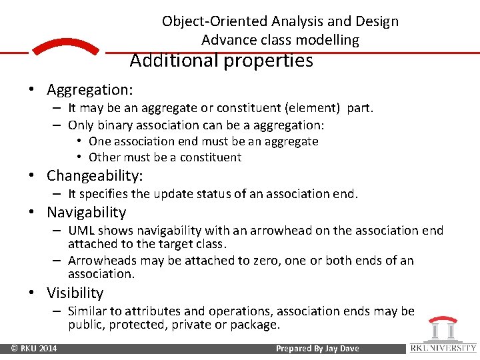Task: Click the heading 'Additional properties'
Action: pos(221,61)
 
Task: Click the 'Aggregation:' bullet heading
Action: pos(89,89)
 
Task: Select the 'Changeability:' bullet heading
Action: pos(95,176)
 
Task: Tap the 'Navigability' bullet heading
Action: pos(86,213)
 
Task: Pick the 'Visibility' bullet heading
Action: pos(75,293)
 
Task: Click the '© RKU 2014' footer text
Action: pos(33,349)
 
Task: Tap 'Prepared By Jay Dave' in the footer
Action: pos(317,349)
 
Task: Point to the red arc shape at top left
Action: pos(65,47)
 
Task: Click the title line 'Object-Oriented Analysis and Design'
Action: pos(280,21)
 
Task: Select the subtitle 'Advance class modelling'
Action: pos(280,40)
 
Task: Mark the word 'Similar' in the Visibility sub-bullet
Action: pos(89,311)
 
